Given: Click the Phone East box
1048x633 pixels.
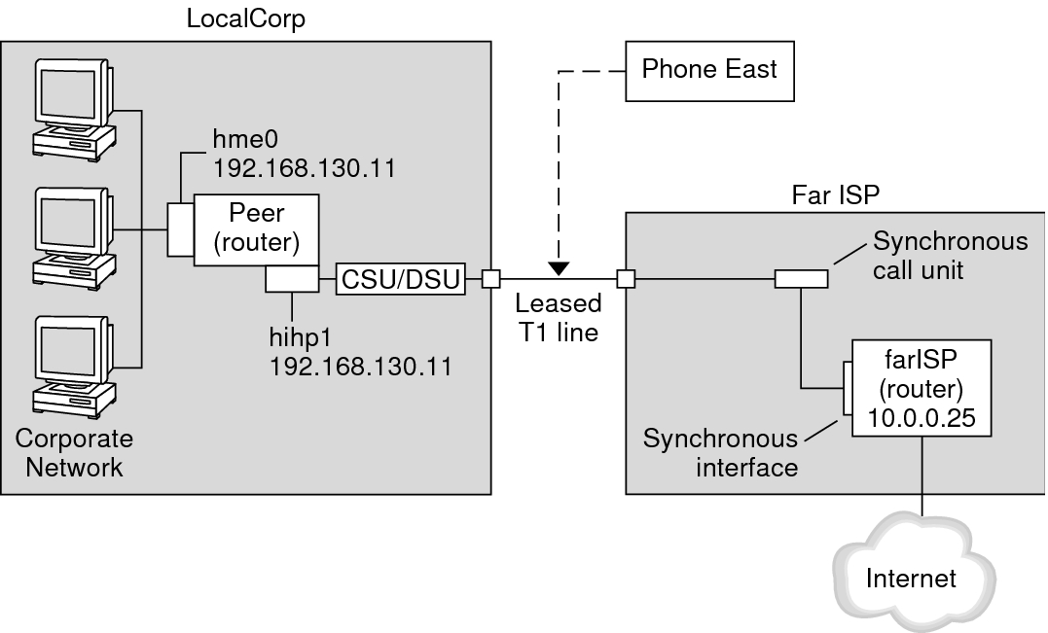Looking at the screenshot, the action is click(x=709, y=71).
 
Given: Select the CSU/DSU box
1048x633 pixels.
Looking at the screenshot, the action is click(x=400, y=279).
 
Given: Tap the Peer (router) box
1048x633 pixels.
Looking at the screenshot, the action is click(x=256, y=230).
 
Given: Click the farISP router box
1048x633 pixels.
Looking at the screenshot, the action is click(x=921, y=388).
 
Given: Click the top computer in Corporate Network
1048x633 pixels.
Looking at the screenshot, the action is click(x=74, y=110).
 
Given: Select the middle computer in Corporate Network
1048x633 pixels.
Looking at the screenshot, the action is click(x=74, y=238).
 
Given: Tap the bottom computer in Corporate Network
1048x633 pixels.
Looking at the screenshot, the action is click(x=74, y=368).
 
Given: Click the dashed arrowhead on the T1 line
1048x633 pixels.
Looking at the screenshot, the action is click(x=559, y=269).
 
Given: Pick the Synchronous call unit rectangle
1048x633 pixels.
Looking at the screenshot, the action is click(x=802, y=278).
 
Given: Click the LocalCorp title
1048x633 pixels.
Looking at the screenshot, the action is click(x=246, y=18).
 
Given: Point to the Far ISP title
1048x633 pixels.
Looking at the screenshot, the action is click(x=836, y=195).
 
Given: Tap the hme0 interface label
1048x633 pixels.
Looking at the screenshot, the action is click(x=245, y=140).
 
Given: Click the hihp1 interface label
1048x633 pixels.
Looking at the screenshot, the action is click(x=300, y=337).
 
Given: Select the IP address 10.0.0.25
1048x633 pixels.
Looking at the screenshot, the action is click(x=922, y=418).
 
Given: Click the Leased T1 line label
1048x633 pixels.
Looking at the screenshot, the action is click(x=559, y=318).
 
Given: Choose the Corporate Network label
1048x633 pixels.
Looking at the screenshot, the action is click(x=74, y=453).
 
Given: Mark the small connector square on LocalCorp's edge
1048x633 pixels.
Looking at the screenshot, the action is click(x=491, y=279).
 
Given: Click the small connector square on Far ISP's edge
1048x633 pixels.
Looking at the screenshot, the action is click(x=626, y=278).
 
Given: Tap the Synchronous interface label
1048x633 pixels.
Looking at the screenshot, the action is click(x=720, y=453).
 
